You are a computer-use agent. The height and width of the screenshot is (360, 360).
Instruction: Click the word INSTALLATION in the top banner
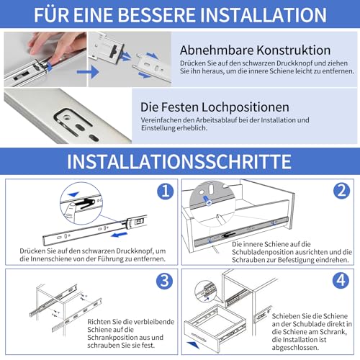click(266, 15)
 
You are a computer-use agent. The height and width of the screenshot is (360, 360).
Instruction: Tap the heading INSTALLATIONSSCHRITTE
click(179, 159)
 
